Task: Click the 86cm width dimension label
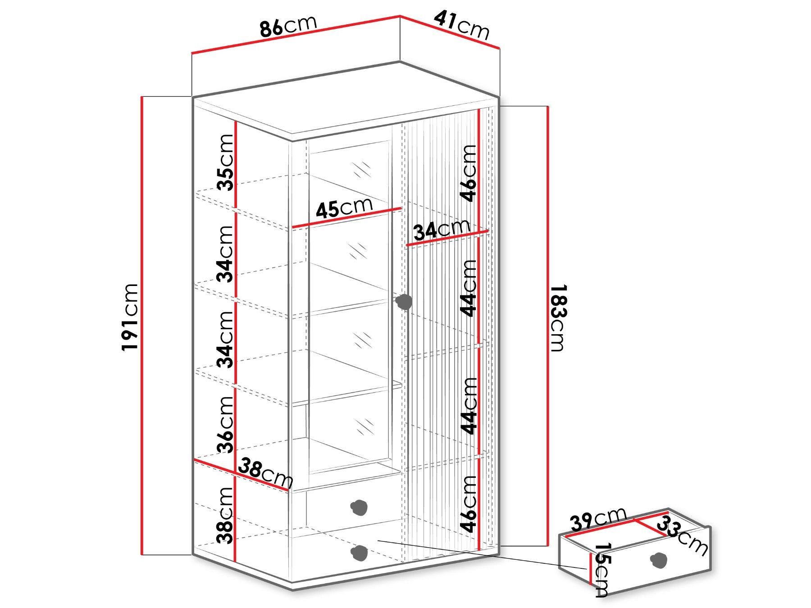click(x=288, y=26)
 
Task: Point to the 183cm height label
click(x=557, y=318)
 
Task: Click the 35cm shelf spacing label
click(x=225, y=162)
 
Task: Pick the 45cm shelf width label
click(x=344, y=208)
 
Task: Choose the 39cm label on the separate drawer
click(x=598, y=519)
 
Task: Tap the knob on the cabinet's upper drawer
click(x=359, y=507)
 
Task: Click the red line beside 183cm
click(x=547, y=326)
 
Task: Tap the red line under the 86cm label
click(x=296, y=35)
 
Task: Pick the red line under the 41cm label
click(x=450, y=32)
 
